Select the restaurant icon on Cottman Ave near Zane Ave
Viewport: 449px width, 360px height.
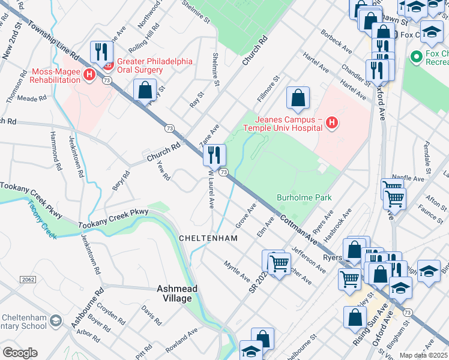pyautogui.click(x=214, y=155)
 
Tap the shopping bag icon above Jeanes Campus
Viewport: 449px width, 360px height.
pyautogui.click(x=298, y=98)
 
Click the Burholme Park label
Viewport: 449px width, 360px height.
pyautogui.click(x=304, y=197)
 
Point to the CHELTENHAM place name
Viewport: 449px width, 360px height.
pyautogui.click(x=208, y=238)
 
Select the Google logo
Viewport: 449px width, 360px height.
pyautogui.click(x=20, y=353)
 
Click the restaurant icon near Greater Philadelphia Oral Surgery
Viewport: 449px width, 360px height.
pyautogui.click(x=101, y=52)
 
